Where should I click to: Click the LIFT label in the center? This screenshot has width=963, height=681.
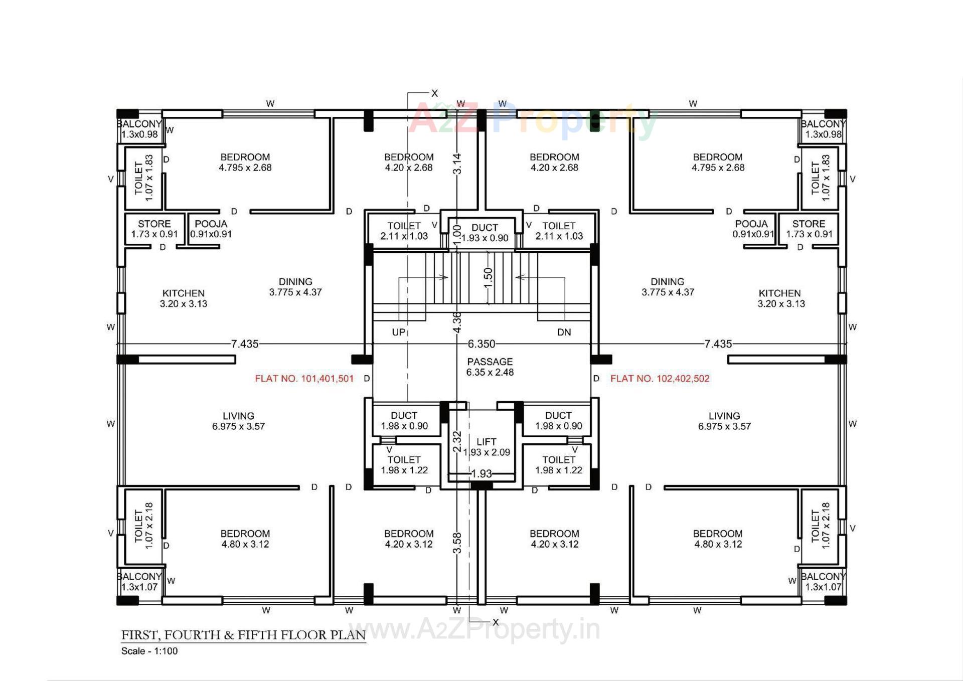tap(486, 442)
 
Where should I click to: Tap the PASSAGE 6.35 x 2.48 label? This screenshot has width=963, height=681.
tap(490, 367)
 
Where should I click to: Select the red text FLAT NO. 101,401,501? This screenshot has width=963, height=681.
tap(304, 379)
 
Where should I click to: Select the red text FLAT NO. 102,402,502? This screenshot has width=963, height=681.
tap(660, 379)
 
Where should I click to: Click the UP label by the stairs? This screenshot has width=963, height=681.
tap(398, 332)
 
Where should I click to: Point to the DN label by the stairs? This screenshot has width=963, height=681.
tap(564, 332)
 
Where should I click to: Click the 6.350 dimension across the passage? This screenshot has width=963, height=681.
tap(481, 344)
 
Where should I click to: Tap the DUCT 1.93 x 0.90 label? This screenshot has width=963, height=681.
tap(485, 233)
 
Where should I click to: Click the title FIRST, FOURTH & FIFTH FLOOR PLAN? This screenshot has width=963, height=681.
tap(243, 635)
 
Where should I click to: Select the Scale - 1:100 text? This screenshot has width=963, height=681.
tap(149, 651)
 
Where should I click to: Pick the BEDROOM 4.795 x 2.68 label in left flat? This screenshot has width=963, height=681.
tap(245, 162)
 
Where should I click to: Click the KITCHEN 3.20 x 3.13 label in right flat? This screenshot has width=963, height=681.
tap(780, 298)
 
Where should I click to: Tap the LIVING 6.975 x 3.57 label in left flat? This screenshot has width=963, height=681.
tap(238, 421)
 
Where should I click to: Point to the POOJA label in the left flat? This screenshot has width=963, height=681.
tap(211, 224)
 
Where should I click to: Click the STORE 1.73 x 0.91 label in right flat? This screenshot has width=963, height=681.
tap(809, 229)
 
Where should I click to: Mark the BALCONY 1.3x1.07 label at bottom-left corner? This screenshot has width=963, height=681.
tap(139, 582)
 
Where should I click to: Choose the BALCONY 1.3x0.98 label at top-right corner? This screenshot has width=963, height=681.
tap(823, 129)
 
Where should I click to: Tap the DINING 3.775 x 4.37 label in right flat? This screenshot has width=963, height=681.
tap(667, 287)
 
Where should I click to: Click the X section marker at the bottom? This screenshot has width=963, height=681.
tap(496, 622)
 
